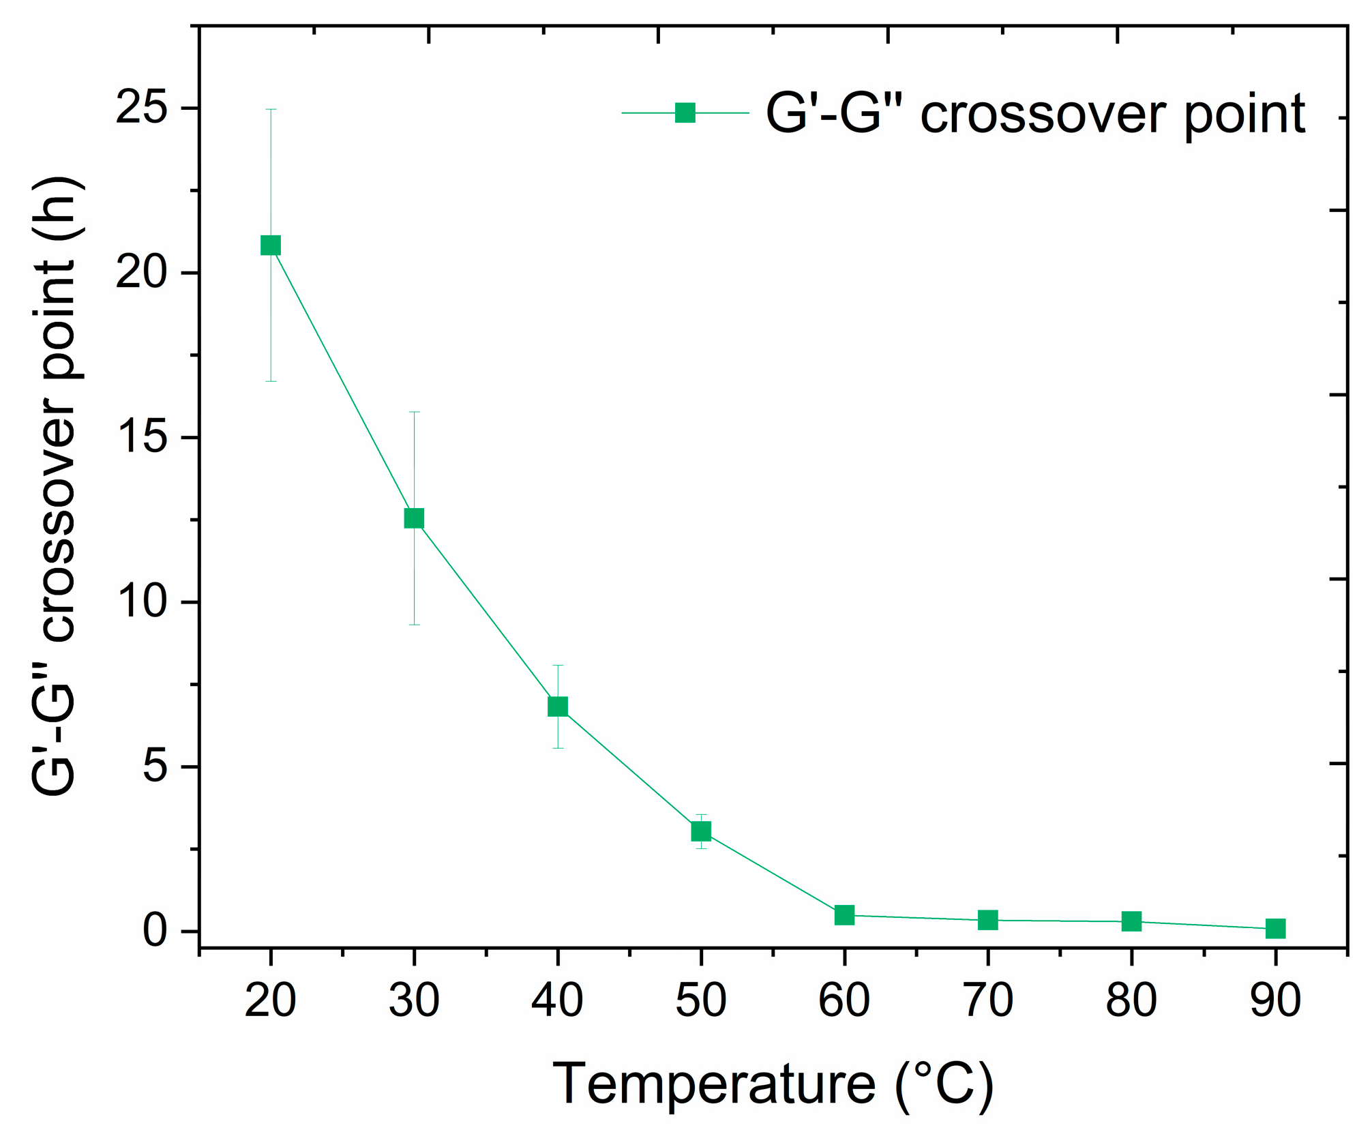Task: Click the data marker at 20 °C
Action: click(x=271, y=245)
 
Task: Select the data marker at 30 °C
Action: click(x=414, y=518)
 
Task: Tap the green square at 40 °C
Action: click(x=558, y=706)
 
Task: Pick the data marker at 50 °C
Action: click(x=701, y=831)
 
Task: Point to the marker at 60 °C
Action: click(x=844, y=915)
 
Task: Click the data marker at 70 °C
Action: click(x=987, y=920)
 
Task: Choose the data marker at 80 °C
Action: click(x=1131, y=921)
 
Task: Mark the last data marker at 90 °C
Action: click(x=1275, y=928)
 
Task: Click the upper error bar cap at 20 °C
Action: click(x=271, y=109)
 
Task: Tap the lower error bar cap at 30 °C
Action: click(x=414, y=625)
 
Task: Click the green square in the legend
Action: click(x=685, y=113)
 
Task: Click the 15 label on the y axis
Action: click(x=141, y=437)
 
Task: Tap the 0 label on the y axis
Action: click(x=155, y=931)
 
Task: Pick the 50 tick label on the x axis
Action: click(x=701, y=1001)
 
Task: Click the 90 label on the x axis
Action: click(x=1275, y=1001)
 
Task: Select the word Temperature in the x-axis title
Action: click(x=713, y=1084)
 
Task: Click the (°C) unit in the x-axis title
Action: click(x=944, y=1084)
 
